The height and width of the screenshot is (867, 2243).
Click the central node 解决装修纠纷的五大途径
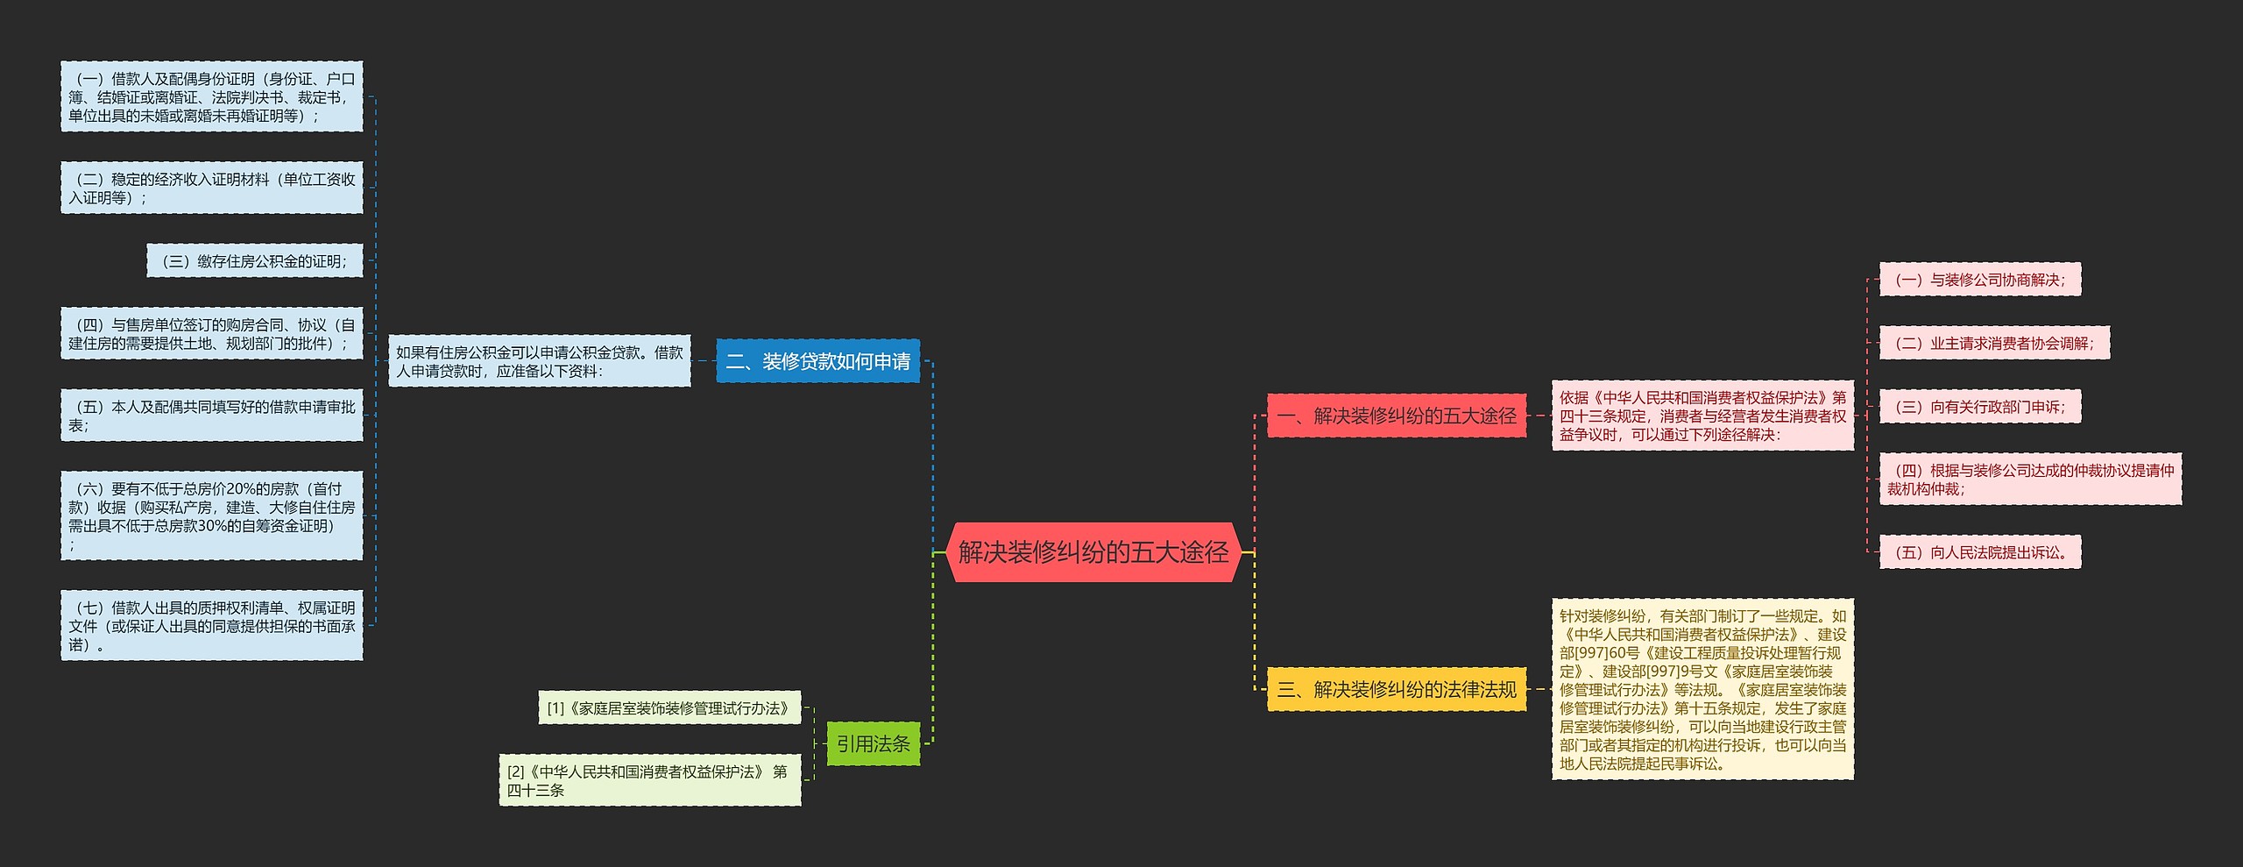tap(1093, 552)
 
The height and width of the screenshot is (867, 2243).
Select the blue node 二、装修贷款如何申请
tap(817, 361)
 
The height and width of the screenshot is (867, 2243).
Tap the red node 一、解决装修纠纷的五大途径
tap(1397, 416)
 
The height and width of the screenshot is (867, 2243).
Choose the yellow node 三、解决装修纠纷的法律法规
tap(1397, 689)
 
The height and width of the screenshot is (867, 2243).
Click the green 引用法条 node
tap(873, 743)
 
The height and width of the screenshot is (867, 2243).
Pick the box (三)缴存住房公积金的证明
tap(254, 261)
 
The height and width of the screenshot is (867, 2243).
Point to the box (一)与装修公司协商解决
tap(1979, 280)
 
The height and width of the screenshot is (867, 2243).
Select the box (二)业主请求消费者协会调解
tap(1994, 343)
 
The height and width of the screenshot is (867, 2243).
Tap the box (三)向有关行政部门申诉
tap(1979, 407)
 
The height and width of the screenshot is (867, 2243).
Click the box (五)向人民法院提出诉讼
tap(1979, 552)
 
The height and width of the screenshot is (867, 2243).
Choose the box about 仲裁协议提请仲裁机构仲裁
tap(2030, 480)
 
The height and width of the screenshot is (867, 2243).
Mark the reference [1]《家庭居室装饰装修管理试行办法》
tap(669, 707)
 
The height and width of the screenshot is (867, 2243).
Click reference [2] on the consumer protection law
tap(649, 780)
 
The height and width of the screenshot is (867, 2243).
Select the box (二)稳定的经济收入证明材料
tap(211, 188)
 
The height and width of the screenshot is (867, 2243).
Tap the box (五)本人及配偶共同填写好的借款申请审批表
tap(211, 416)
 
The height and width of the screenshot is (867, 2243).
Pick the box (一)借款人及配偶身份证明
tap(211, 97)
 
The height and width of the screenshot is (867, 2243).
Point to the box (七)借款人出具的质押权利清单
tap(211, 626)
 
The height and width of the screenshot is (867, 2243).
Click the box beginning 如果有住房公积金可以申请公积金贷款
tap(539, 361)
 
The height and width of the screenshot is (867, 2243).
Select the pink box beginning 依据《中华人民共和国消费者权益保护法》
tap(1702, 416)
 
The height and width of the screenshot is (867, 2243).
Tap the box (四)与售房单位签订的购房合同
tap(211, 334)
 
